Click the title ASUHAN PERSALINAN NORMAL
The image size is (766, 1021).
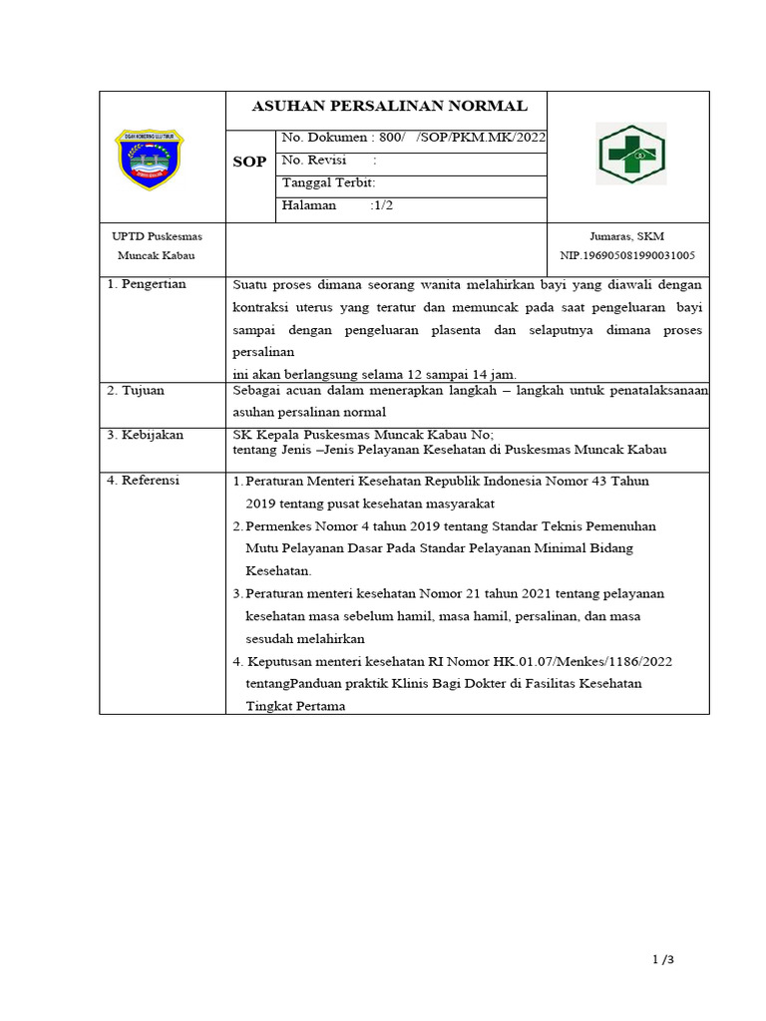tap(389, 107)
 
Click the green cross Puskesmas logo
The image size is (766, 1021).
tap(630, 155)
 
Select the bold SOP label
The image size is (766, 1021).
tap(249, 163)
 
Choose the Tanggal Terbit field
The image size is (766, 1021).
tap(328, 183)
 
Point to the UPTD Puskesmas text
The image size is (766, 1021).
tap(156, 235)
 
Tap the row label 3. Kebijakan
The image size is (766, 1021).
tap(145, 434)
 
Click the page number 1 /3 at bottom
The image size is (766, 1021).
tap(663, 960)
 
